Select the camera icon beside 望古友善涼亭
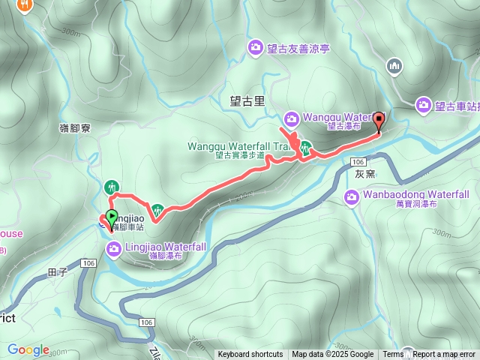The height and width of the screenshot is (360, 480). tap(256, 48)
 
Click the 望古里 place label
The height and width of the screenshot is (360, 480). tap(247, 101)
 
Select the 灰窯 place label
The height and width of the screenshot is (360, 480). tap(364, 173)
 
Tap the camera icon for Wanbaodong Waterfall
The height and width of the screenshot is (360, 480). tap(352, 197)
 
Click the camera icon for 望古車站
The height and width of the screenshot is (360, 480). tap(424, 105)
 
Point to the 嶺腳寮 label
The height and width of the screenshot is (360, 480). tap(75, 128)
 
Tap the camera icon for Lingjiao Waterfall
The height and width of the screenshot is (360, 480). tap(112, 248)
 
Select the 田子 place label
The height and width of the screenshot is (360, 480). tap(58, 271)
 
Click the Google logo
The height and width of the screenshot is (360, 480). tap(28, 349)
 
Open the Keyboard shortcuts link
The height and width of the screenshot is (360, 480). tap(250, 355)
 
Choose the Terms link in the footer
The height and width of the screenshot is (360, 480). tap(393, 355)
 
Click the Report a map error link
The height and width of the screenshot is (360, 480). tap(443, 355)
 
